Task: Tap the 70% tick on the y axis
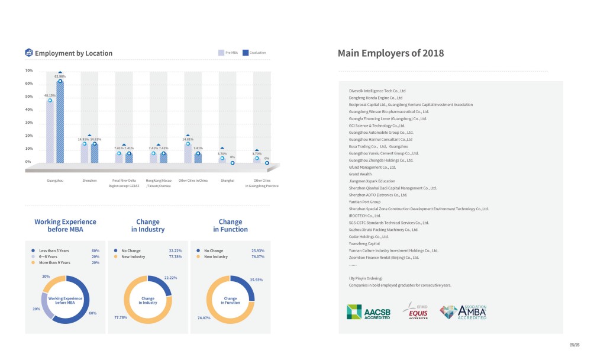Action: pos(29,70)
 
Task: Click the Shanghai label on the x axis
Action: pos(228,179)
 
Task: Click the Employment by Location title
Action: pos(73,53)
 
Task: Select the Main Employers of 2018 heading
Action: pos(390,53)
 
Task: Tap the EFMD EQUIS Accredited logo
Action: pos(415,311)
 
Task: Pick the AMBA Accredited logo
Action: pos(464,312)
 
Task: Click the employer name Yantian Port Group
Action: pos(364,202)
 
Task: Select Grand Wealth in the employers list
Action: pos(360,174)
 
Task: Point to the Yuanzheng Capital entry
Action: pos(364,243)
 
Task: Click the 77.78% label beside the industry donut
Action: pos(121,318)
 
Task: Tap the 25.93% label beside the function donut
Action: pos(256,279)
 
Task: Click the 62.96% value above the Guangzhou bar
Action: pos(60,76)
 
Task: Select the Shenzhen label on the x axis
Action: pos(89,179)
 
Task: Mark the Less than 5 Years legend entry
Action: pos(53,250)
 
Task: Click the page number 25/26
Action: pos(574,344)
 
